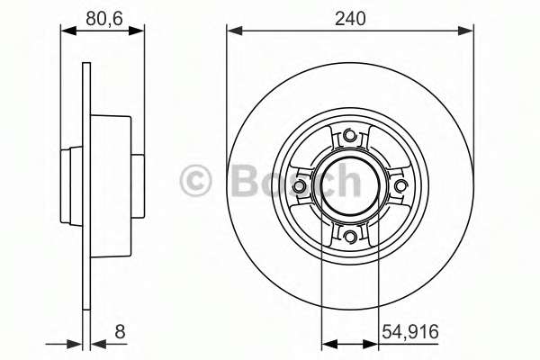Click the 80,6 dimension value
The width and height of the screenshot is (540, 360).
104,18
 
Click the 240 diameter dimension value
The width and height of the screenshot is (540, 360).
350,18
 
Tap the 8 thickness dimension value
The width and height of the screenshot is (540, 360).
120,332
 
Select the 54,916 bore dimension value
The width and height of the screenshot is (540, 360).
409,332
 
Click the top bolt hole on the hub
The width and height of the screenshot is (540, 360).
349,135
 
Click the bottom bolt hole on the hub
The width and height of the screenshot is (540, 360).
350,236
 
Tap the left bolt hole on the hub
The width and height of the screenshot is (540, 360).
300,186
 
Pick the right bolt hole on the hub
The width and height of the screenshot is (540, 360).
400,186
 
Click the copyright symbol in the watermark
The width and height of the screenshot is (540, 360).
195,181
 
